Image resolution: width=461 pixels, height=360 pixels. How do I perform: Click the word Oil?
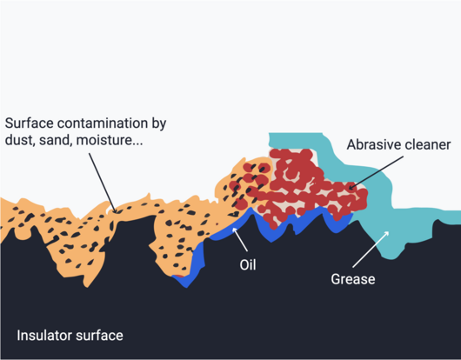[x=248, y=265]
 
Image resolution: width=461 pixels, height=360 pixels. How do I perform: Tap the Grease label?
[x=353, y=279]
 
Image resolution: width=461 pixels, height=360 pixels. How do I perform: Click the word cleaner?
[x=424, y=144]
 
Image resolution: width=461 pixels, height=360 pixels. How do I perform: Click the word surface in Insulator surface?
[x=97, y=336]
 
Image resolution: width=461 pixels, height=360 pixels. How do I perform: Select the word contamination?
[x=103, y=123]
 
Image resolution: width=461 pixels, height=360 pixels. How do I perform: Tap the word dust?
[x=20, y=140]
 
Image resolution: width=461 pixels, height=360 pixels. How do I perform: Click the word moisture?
[x=110, y=140]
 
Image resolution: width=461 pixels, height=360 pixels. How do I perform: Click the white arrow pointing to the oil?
[x=240, y=239]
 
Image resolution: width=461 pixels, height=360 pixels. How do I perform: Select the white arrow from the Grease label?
[x=371, y=250]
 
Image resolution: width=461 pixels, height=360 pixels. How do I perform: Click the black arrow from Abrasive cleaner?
[x=376, y=173]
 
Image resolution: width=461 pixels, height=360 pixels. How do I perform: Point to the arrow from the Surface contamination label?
[x=103, y=183]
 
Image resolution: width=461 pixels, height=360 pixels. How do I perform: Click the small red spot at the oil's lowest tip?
[x=179, y=276]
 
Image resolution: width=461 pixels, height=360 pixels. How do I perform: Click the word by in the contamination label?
[x=159, y=124]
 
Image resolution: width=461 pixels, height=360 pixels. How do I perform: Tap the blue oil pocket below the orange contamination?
[x=192, y=264]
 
